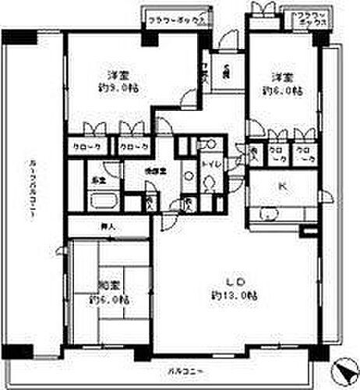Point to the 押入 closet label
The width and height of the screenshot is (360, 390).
(x=110, y=228)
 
